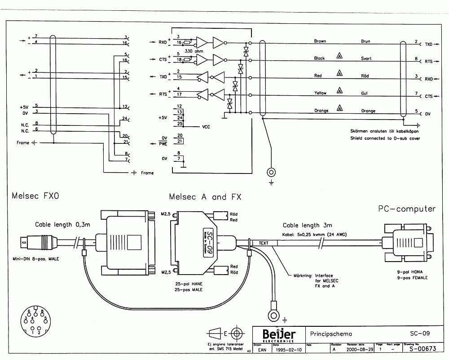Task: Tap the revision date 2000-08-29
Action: tap(358, 349)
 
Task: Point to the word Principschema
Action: tap(331, 334)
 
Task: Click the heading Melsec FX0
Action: tap(35, 196)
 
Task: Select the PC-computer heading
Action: tap(407, 209)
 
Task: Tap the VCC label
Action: tap(206, 127)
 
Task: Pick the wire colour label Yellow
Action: tap(320, 93)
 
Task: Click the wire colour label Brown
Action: tap(320, 41)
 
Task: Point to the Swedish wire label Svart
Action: tap(366, 58)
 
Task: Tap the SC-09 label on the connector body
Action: tap(207, 243)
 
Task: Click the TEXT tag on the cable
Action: tap(264, 243)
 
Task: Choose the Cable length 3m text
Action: tap(307, 225)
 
